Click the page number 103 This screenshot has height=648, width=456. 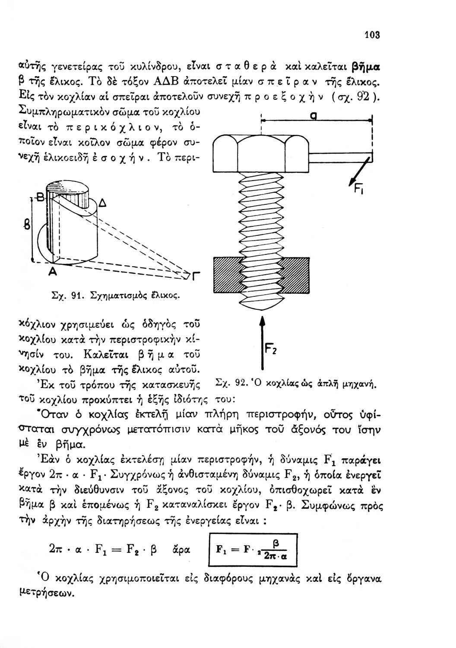click(371, 35)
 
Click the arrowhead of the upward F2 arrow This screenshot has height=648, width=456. click(261, 322)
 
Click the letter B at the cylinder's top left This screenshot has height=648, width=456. click(42, 200)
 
